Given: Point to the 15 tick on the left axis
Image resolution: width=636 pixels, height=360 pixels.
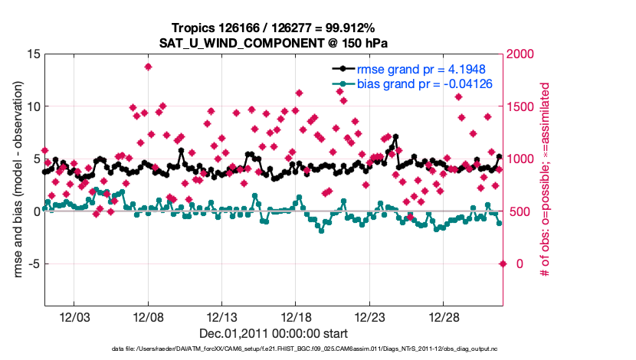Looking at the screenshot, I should point(33,54).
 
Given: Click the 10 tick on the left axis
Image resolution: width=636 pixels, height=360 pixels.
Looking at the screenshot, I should point(33,106).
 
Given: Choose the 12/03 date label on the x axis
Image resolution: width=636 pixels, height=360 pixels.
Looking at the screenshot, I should point(74,317).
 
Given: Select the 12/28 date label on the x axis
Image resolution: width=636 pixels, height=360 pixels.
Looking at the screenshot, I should point(444,317).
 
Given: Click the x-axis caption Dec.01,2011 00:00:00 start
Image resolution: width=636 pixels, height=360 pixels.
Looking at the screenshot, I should point(273,334).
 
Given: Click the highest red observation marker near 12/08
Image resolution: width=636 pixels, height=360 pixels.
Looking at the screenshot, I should point(148,67).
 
